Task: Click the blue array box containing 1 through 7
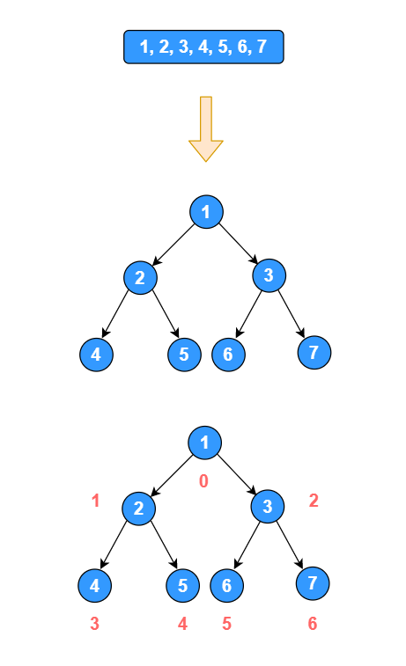[x=203, y=48]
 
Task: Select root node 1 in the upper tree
[x=206, y=211]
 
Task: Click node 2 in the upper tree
[x=140, y=278]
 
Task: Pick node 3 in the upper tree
[x=269, y=276]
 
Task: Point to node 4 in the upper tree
[x=96, y=355]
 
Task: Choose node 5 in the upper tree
[x=183, y=355]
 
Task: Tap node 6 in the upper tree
[x=228, y=355]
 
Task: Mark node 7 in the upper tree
[x=314, y=352]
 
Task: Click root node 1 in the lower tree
[x=205, y=443]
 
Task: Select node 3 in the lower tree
[x=268, y=506]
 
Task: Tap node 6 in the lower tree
[x=227, y=585]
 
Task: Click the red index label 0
[x=203, y=481]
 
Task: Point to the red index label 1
[x=96, y=501]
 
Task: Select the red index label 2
[x=314, y=501]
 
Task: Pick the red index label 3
[x=94, y=624]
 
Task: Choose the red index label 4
[x=182, y=624]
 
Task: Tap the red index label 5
[x=226, y=624]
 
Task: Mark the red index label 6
[x=312, y=624]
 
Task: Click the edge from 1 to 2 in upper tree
[x=173, y=245]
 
